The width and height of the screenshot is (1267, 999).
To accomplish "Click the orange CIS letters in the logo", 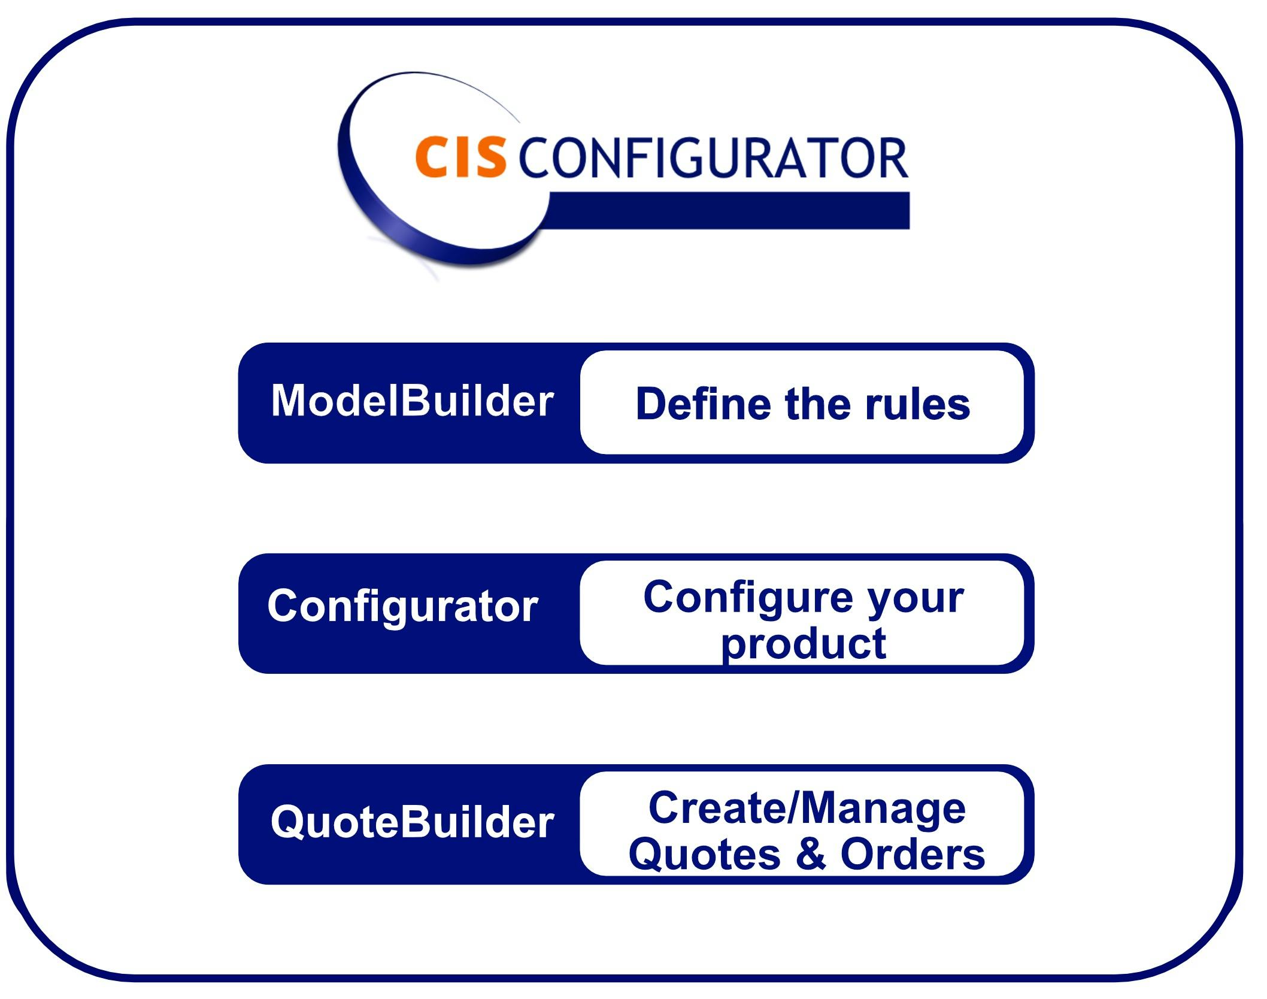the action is coord(460,157).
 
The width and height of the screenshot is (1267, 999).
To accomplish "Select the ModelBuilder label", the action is coord(413,400).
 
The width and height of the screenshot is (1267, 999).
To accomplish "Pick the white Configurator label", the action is coord(403,606).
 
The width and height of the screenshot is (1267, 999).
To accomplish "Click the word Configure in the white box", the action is coord(748,598).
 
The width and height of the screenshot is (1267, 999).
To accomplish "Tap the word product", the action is coord(804,644).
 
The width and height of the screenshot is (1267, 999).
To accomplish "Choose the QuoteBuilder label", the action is coord(413,822).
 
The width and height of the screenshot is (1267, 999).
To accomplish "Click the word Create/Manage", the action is coord(807,808).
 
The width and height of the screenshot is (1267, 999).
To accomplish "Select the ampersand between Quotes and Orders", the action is coord(811,853).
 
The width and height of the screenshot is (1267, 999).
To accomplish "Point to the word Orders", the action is coord(913,854).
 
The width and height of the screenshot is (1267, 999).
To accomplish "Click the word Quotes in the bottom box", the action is coord(705,854).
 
